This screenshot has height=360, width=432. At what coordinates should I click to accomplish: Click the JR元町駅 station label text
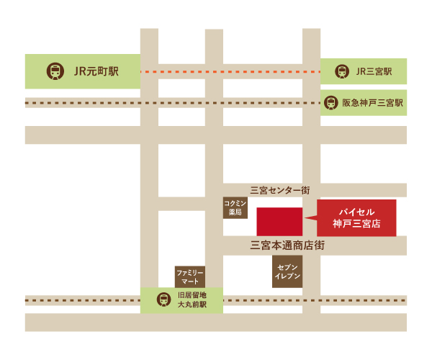pyautogui.click(x=96, y=71)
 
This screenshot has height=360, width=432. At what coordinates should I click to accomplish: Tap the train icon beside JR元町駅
pyautogui.click(x=55, y=71)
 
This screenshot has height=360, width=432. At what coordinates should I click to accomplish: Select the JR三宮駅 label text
pyautogui.click(x=374, y=71)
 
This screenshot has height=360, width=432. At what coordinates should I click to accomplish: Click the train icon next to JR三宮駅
pyautogui.click(x=341, y=71)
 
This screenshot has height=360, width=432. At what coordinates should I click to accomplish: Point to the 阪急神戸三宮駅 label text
pyautogui.click(x=372, y=103)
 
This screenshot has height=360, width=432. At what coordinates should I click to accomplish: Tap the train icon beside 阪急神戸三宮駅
pyautogui.click(x=330, y=103)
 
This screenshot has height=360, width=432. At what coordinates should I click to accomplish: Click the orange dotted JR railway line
pyautogui.click(x=230, y=72)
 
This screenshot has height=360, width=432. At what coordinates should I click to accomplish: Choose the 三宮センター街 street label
pyautogui.click(x=280, y=190)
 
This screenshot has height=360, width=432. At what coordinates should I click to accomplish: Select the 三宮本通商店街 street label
pyautogui.click(x=287, y=246)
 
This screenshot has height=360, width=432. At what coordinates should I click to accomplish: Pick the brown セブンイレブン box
pyautogui.click(x=287, y=271)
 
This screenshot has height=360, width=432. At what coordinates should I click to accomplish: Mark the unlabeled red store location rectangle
pyautogui.click(x=279, y=221)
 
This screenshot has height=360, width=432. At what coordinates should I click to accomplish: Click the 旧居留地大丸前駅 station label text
pyautogui.click(x=192, y=300)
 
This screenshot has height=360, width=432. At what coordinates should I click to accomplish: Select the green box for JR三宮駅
pyautogui.click(x=364, y=71)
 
